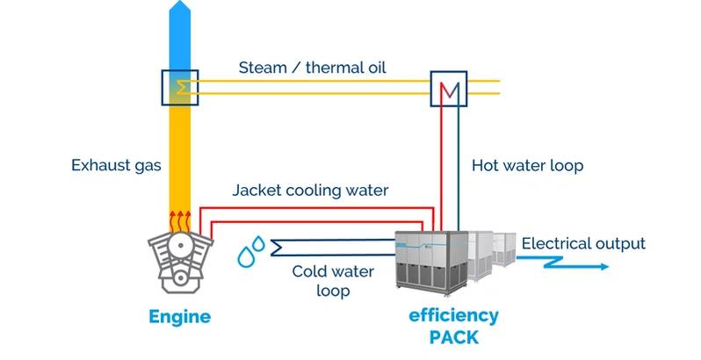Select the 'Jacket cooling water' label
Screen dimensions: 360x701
(310, 190)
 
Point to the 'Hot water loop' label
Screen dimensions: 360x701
(527, 164)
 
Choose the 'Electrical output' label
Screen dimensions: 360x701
(583, 243)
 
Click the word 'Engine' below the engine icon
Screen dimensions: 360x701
(179, 316)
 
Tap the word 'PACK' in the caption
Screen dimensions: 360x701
(453, 336)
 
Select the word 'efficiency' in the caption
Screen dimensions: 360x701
(453, 315)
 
